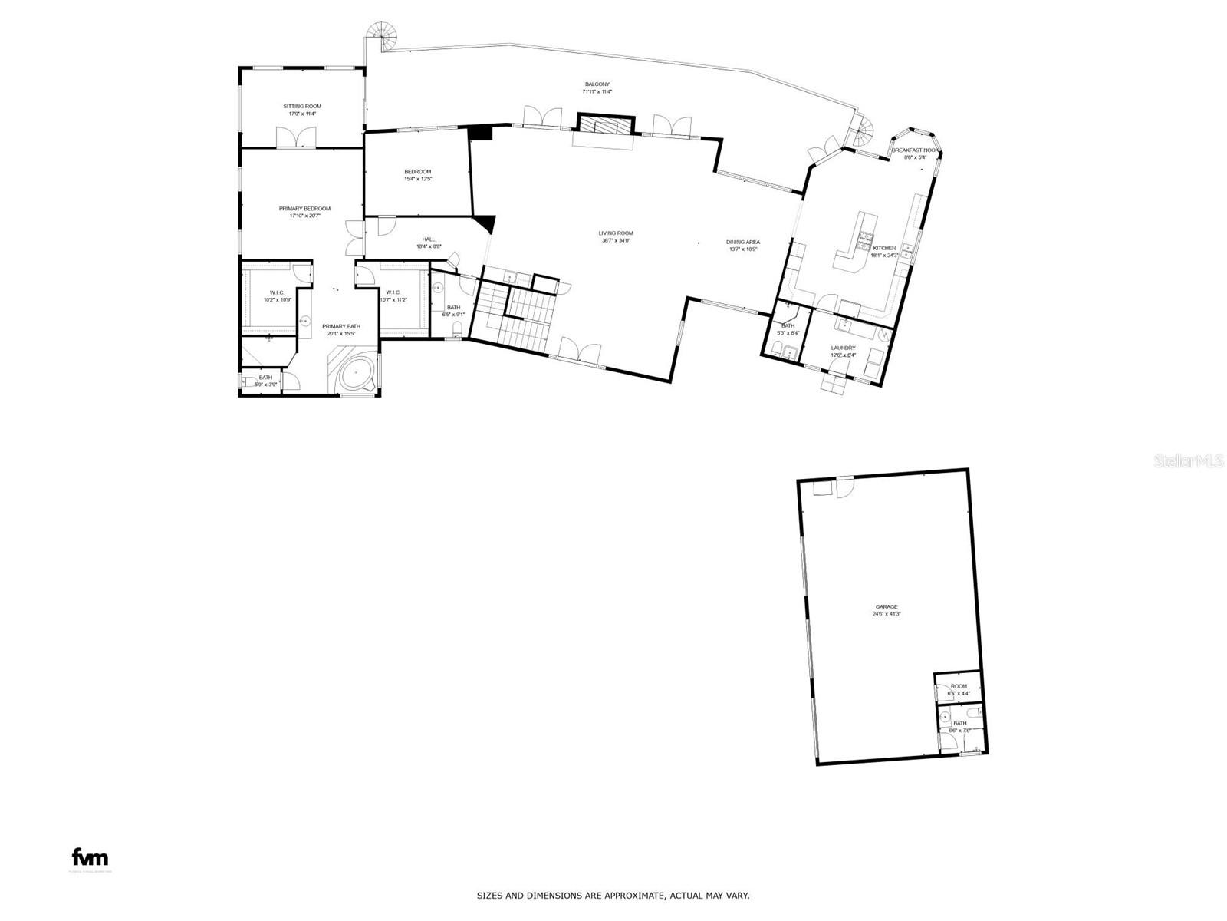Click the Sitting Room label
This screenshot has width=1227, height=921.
302,106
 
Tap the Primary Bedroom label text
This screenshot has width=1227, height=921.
304,209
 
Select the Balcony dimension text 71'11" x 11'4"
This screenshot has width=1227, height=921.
597,92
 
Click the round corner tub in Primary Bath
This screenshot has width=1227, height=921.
356,375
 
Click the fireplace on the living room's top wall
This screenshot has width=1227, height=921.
606,126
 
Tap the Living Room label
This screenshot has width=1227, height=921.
616,233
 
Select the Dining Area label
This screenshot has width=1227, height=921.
742,243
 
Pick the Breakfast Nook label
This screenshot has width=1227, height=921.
915,150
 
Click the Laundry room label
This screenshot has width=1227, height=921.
843,348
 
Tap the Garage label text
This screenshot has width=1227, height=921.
887,606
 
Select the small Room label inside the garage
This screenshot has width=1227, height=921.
959,686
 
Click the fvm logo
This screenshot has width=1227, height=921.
90,857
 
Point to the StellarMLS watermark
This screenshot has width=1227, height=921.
1193,461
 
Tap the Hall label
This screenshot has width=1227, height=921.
428,239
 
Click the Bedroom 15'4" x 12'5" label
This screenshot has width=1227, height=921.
418,172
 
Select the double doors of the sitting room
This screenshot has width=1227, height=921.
296,137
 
